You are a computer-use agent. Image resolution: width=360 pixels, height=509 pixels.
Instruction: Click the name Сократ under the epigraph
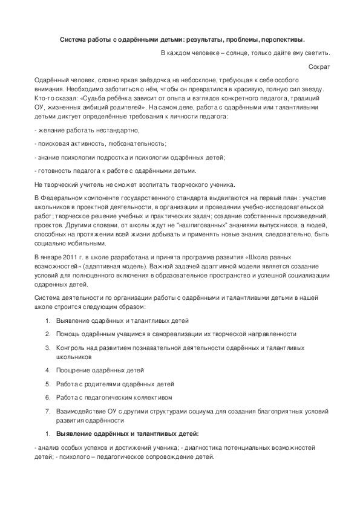[x=319, y=66]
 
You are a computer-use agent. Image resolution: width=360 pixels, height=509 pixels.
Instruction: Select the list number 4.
[x=48, y=370]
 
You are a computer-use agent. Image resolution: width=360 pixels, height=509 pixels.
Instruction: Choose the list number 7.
[x=48, y=412]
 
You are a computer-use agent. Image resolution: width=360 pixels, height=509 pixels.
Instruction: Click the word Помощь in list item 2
[x=69, y=333]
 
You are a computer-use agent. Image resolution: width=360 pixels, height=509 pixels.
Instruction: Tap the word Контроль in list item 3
[x=71, y=348]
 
